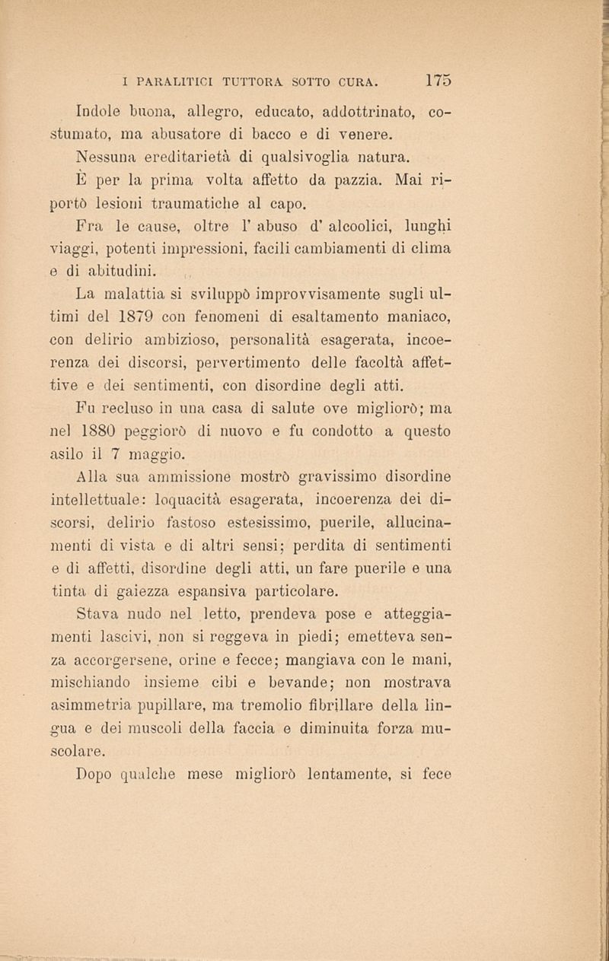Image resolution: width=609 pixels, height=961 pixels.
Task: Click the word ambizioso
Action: coord(205,336)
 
